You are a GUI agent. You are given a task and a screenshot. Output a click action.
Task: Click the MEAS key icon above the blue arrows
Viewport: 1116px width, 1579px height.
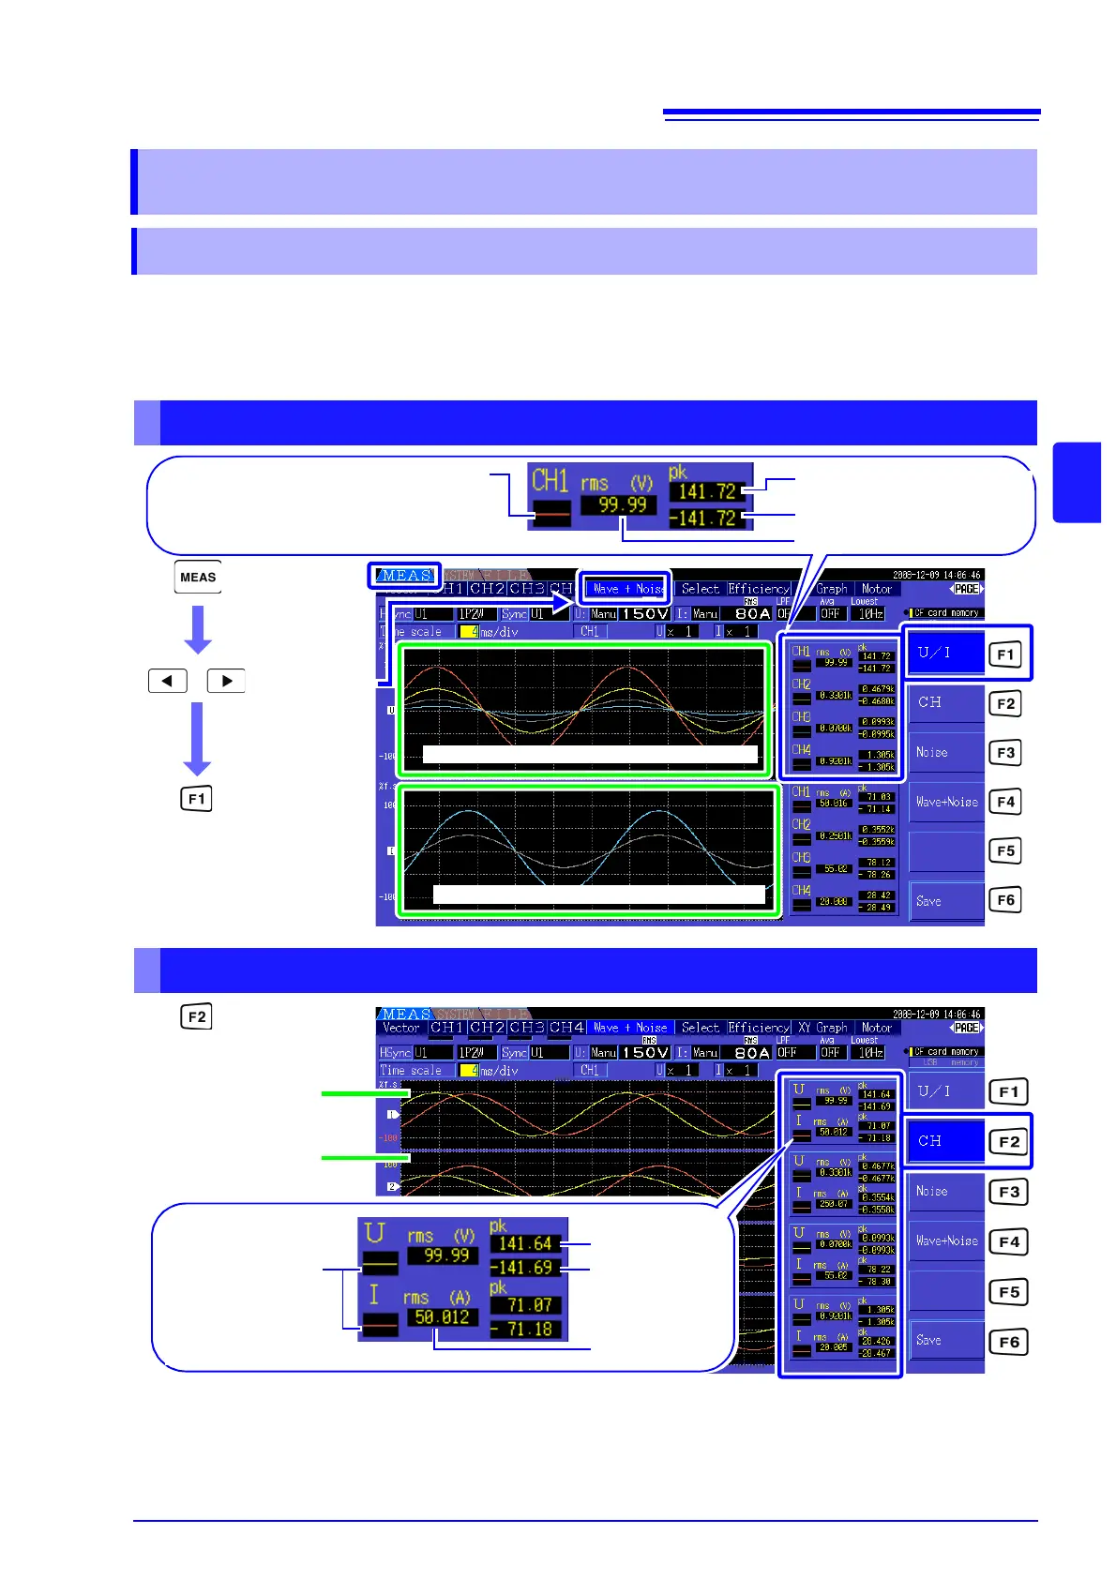coord(198,578)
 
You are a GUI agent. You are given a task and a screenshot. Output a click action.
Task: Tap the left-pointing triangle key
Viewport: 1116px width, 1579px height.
coord(168,681)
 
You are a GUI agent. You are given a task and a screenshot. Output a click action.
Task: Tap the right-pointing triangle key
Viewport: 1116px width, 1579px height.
coord(226,681)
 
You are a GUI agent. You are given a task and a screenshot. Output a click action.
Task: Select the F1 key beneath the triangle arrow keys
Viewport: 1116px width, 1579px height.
coord(196,799)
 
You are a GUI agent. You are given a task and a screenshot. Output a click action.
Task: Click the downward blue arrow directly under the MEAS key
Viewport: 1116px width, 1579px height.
coord(198,629)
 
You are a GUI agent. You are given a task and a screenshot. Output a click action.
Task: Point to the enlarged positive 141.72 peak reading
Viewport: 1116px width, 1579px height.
coord(707,491)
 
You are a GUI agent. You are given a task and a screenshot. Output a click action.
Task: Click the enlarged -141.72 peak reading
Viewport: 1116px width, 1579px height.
coord(703,518)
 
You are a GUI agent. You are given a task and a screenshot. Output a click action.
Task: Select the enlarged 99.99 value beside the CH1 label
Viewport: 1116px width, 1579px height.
coord(623,505)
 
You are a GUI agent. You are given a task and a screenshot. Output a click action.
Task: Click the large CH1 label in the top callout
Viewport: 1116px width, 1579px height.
coord(550,481)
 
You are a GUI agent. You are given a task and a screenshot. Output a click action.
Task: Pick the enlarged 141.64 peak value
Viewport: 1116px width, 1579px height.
coord(525,1244)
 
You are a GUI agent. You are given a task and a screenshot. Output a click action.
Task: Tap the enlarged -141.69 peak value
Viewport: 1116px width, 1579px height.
coord(525,1268)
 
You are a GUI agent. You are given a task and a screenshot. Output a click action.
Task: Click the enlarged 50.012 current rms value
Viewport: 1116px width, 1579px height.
coord(442,1317)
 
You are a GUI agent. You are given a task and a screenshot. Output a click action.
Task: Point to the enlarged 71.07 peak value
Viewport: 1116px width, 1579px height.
coord(529,1305)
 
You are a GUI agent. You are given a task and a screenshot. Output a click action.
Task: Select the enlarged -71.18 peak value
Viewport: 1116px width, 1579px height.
coord(527,1330)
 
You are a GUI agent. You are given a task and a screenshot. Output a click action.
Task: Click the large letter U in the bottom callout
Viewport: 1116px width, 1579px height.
coord(375,1234)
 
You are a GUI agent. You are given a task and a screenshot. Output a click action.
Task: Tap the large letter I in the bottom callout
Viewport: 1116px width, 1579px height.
coord(374,1296)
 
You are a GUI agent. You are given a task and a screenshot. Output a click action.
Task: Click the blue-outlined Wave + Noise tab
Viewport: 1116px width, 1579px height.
coord(625,589)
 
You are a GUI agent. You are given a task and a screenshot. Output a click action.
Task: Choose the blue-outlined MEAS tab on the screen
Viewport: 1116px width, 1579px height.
coord(404,576)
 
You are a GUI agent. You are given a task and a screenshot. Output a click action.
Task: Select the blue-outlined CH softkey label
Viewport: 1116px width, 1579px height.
coord(945,1141)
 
